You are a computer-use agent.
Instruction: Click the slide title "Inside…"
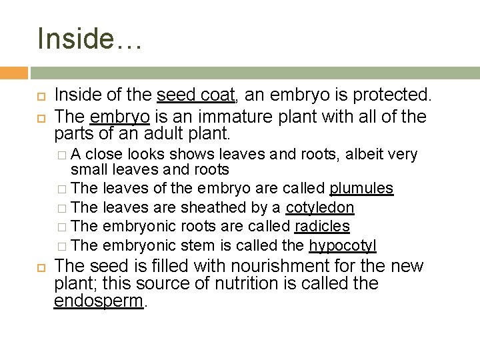[89, 38]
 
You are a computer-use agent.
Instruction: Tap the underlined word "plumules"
[361, 189]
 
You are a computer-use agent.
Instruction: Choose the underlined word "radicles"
[322, 227]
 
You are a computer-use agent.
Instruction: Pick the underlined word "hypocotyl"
[343, 246]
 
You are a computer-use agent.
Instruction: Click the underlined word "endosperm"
[99, 301]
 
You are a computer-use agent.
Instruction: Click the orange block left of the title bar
[13, 73]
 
